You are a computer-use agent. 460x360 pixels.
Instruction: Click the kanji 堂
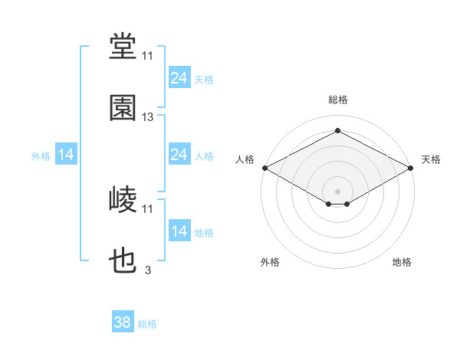[123, 46]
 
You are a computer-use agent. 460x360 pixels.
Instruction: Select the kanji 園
[123, 108]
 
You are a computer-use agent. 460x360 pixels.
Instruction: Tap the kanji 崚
[123, 199]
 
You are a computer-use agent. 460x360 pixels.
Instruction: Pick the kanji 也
[123, 260]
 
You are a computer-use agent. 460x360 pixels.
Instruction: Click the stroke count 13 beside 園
[147, 117]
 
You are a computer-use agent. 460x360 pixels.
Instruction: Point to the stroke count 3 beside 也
[148, 270]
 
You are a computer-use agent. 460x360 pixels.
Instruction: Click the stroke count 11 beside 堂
[147, 56]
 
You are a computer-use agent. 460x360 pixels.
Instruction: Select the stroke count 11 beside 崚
[147, 209]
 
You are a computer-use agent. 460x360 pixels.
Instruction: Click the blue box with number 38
[123, 321]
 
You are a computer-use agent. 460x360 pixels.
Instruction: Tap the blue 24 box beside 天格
[179, 77]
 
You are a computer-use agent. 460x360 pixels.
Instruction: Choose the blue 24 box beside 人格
[179, 154]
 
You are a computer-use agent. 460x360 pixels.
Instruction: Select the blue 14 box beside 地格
[179, 230]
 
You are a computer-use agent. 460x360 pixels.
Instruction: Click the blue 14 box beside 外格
[66, 154]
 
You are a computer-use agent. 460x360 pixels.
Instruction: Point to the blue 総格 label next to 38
[147, 324]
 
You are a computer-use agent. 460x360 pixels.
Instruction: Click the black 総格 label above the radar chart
[338, 100]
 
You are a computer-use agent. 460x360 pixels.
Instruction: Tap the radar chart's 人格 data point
[265, 168]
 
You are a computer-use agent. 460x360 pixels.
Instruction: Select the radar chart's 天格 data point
[411, 168]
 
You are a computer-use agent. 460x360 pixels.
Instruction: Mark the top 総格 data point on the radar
[337, 130]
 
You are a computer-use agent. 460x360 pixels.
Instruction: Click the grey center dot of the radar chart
[337, 191]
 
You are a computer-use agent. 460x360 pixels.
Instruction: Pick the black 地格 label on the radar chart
[402, 262]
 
